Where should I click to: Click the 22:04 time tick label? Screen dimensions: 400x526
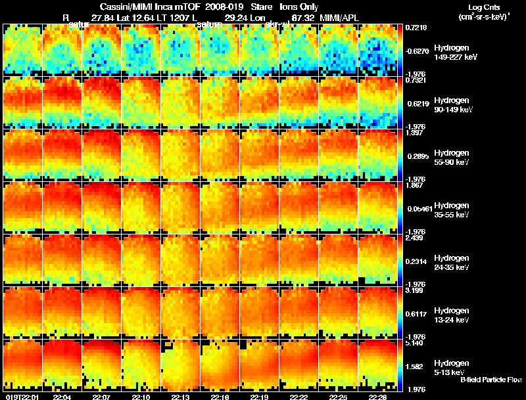click(x=62, y=397)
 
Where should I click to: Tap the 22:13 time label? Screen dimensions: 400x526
click(x=181, y=397)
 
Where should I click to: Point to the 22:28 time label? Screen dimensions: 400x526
click(x=377, y=397)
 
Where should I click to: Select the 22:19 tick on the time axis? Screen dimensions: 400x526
click(x=260, y=397)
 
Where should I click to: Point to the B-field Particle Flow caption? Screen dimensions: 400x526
click(x=490, y=380)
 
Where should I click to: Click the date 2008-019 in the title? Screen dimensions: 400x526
click(x=224, y=7)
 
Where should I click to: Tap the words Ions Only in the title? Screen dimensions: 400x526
click(x=299, y=7)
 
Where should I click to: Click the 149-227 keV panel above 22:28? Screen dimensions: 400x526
click(x=378, y=50)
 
